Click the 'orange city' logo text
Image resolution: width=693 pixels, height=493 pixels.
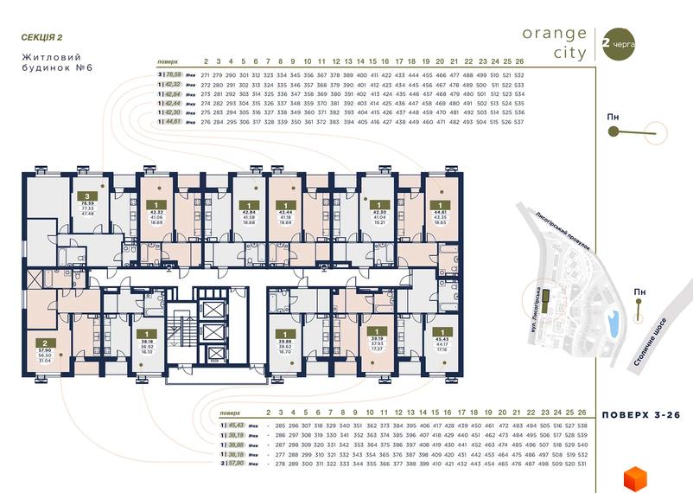(x=554, y=42)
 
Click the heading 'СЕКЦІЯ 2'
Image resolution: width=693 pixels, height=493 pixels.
(x=41, y=37)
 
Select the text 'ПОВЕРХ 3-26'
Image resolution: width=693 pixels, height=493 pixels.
(x=640, y=415)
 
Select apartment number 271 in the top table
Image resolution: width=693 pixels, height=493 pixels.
(x=205, y=75)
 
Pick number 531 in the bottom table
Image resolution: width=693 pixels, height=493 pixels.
(x=582, y=464)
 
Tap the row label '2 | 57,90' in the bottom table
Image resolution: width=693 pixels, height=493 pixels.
(x=232, y=464)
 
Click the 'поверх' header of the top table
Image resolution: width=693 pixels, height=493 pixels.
(x=168, y=62)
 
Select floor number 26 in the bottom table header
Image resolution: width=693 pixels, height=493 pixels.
(x=582, y=413)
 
